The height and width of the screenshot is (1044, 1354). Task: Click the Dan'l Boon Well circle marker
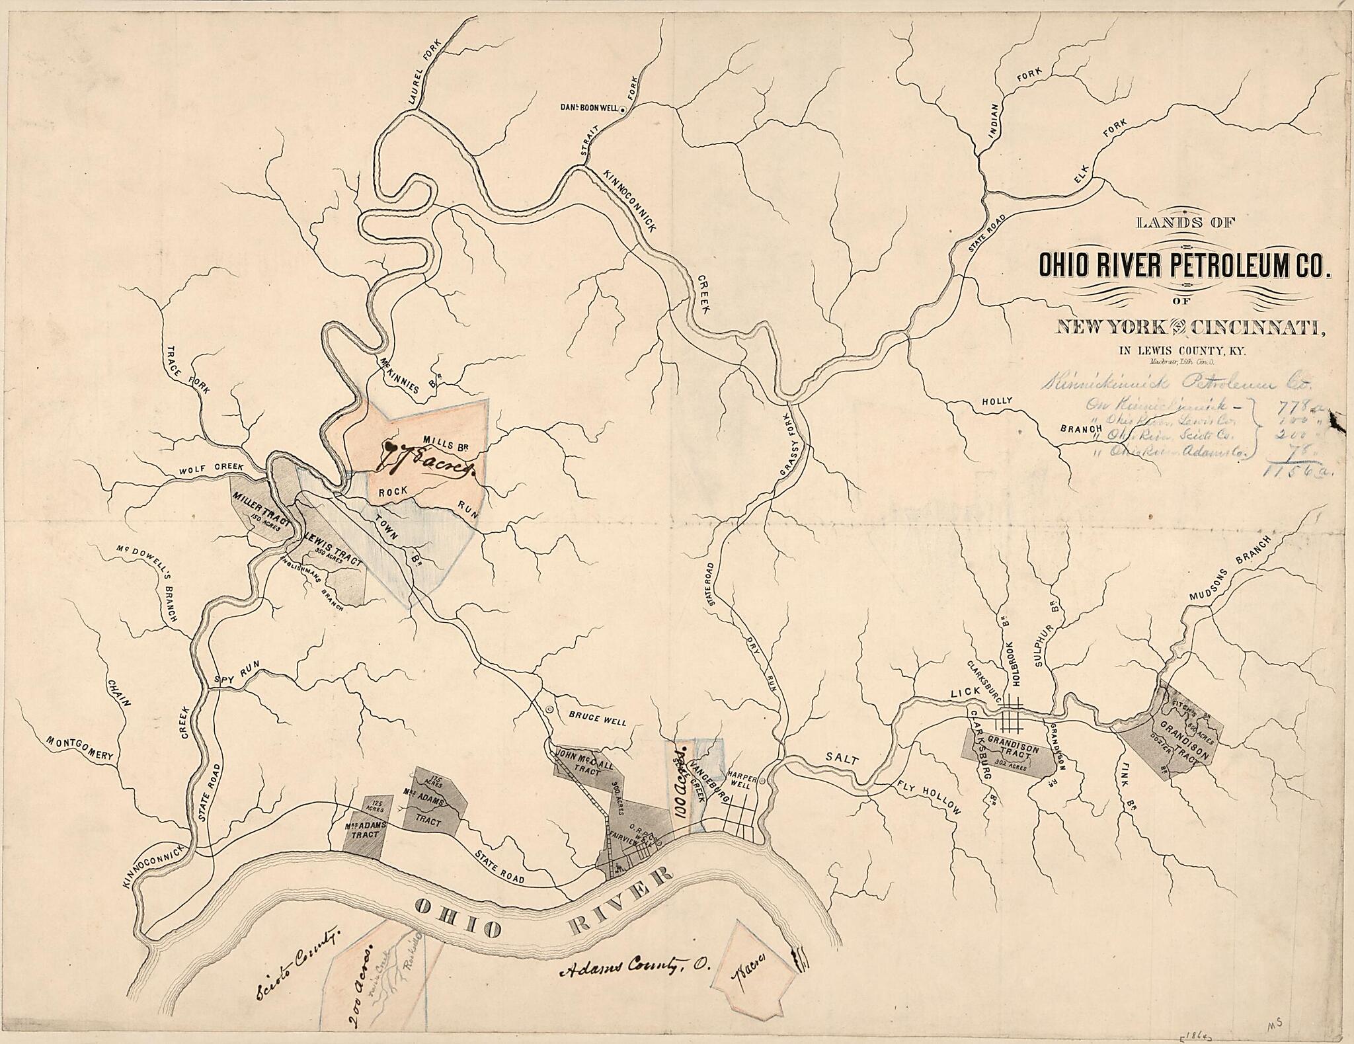(622, 112)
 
